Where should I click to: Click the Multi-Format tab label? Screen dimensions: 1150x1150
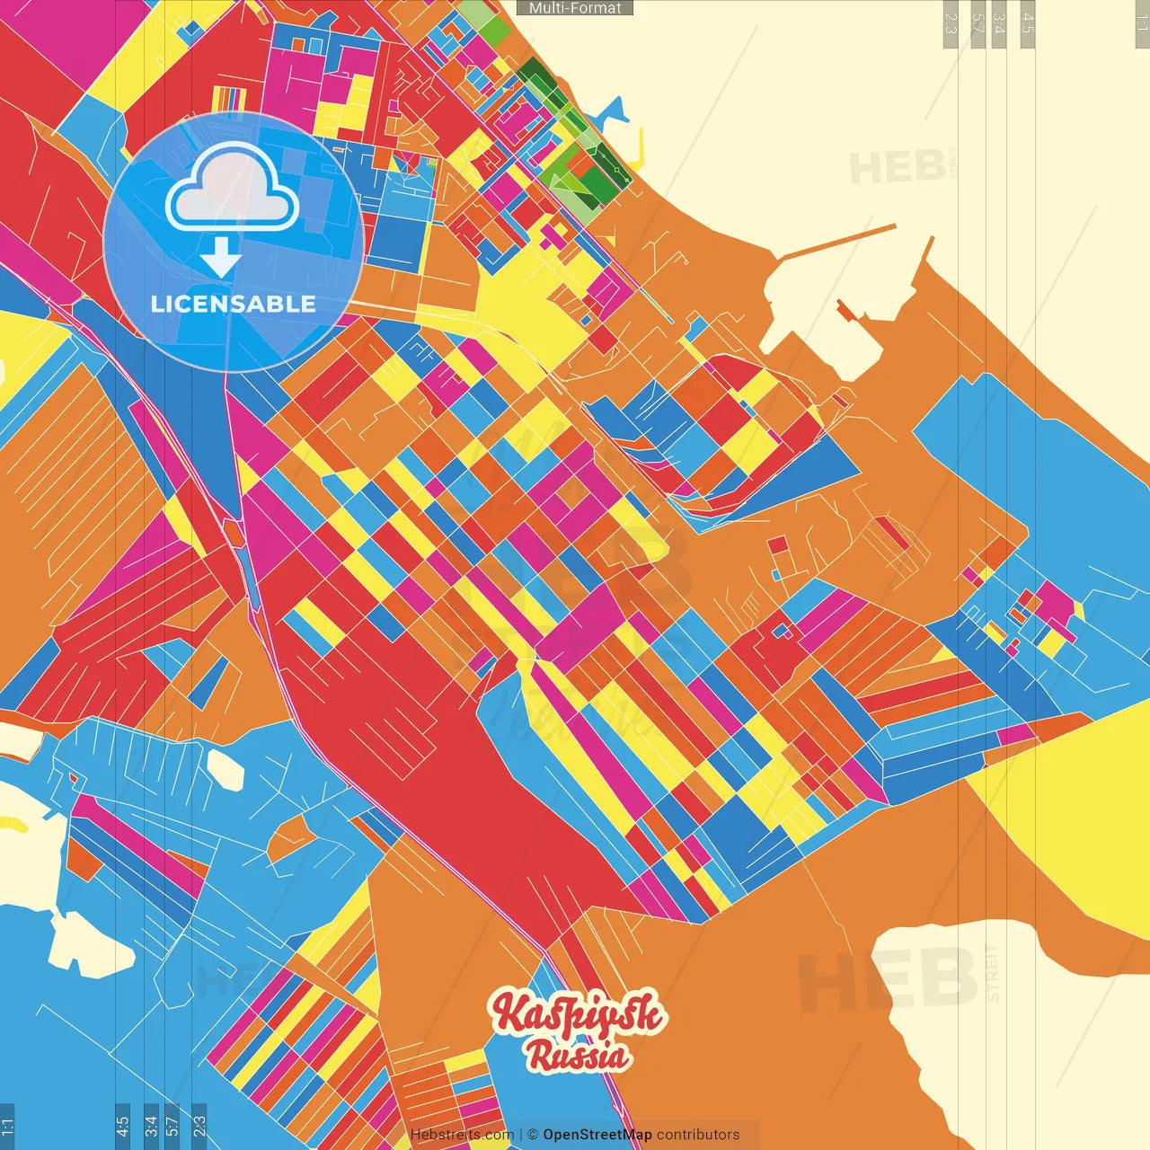point(575,8)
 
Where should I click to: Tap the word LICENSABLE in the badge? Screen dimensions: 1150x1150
point(233,304)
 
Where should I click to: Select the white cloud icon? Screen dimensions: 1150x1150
point(233,189)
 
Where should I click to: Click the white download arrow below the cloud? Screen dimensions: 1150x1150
point(221,259)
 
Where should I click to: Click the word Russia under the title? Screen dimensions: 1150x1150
point(579,1055)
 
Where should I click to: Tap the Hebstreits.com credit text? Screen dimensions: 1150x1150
point(462,1135)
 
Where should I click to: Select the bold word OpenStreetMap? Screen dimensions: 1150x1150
point(597,1135)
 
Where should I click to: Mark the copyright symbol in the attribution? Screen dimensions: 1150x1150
point(533,1135)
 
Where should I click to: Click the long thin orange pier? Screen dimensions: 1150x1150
point(836,242)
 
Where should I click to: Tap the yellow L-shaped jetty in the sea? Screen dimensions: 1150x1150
point(639,153)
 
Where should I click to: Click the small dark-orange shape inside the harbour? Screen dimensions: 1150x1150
point(845,310)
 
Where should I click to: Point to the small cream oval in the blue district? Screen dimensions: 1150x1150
point(226,770)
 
